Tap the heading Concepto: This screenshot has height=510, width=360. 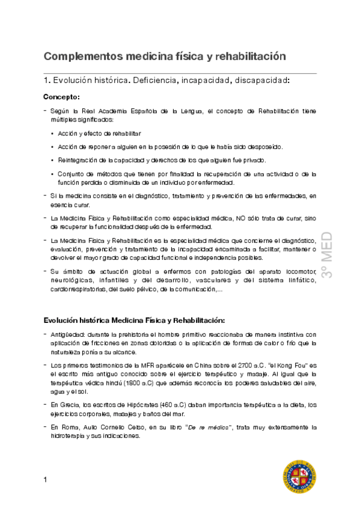pyautogui.click(x=61, y=96)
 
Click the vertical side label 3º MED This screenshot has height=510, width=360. pyautogui.click(x=334, y=255)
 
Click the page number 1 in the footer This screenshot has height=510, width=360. pyautogui.click(x=46, y=479)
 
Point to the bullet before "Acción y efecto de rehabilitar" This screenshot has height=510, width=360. pyautogui.click(x=53, y=133)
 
